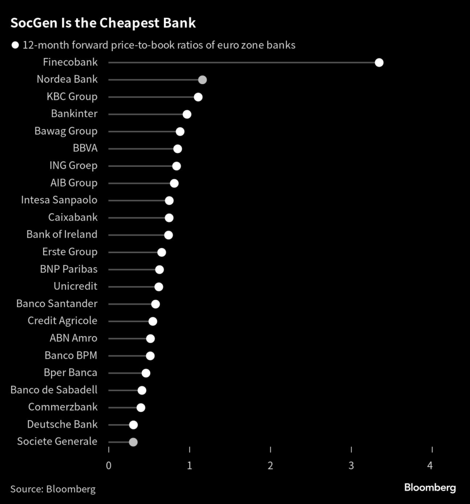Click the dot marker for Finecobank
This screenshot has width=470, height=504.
[x=379, y=63]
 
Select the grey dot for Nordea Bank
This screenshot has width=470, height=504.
[x=202, y=80]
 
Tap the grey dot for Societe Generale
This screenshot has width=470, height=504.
[x=133, y=442]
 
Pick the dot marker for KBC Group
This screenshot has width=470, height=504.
[x=198, y=97]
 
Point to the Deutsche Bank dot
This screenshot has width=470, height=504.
[x=133, y=425]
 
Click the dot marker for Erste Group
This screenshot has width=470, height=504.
[x=161, y=252]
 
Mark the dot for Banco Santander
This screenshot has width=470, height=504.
[x=156, y=304]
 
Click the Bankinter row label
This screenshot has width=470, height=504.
[x=74, y=114]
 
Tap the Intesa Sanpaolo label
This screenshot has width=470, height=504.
[x=59, y=200]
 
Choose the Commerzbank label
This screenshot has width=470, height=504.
[x=63, y=407]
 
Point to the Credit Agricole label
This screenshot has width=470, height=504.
[x=63, y=321]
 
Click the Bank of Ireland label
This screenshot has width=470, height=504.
[x=62, y=234]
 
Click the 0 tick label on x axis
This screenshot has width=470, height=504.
[x=109, y=465]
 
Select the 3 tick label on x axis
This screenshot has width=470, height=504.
[x=351, y=465]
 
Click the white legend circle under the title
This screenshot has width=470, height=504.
[x=15, y=45]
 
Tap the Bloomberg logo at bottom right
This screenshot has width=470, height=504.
[x=430, y=488]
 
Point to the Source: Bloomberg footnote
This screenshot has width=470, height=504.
[x=53, y=489]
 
